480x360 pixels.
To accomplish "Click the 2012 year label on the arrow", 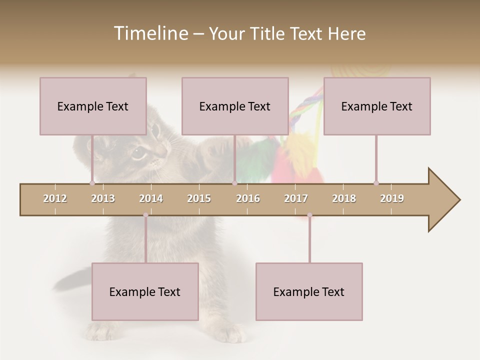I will (x=55, y=198).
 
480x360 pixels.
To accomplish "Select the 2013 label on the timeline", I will (x=103, y=198).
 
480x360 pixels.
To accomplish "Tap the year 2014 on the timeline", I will (x=151, y=198).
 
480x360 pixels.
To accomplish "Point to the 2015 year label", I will (x=199, y=198).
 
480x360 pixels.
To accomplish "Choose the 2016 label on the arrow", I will (x=248, y=198).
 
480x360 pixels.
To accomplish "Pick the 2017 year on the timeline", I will (x=296, y=198).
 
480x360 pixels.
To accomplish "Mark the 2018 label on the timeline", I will (x=344, y=198).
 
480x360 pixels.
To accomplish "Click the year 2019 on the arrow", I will (x=392, y=198).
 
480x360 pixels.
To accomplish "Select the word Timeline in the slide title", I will (x=150, y=33).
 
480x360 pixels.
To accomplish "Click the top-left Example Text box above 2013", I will (x=93, y=106).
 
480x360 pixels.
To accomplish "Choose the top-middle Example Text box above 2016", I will (x=235, y=106).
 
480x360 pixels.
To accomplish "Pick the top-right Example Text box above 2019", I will (x=377, y=106).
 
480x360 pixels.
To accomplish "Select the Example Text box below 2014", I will (x=145, y=291).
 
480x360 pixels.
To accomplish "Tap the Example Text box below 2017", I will (x=309, y=291).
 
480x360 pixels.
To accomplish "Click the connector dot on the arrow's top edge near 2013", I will (x=92, y=183).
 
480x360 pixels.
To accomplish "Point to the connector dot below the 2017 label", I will (x=309, y=215).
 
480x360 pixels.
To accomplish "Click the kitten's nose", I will (x=161, y=150).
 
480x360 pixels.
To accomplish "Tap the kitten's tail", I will (x=70, y=280).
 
